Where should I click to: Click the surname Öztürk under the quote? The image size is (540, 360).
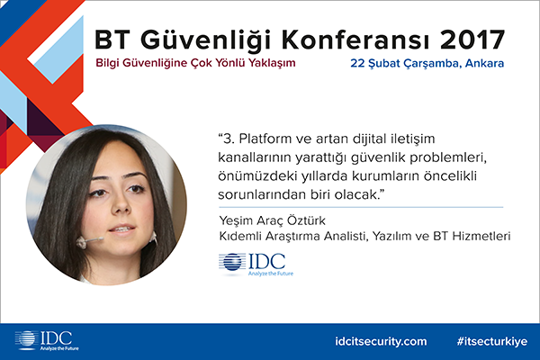click(305, 220)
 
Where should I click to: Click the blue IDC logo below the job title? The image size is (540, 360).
click(256, 265)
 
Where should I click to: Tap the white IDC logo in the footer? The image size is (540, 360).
click(47, 341)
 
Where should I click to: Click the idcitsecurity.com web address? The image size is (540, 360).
click(381, 341)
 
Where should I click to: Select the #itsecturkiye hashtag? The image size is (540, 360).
click(492, 341)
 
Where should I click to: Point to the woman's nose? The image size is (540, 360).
click(121, 204)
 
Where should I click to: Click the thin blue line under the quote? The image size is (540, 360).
click(361, 207)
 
